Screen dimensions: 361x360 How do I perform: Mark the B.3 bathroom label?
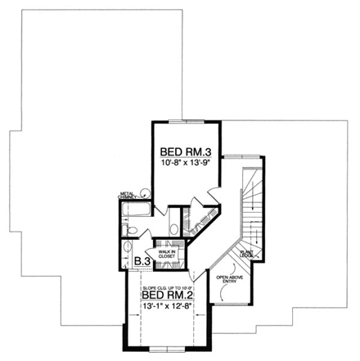[140, 262]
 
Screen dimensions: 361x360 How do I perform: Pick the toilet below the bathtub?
[130, 228]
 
